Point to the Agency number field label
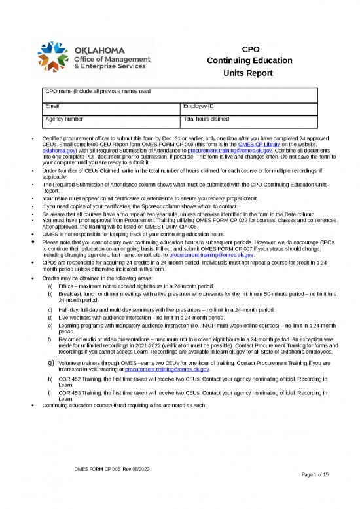click(x=63, y=119)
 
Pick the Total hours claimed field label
click(x=206, y=119)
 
